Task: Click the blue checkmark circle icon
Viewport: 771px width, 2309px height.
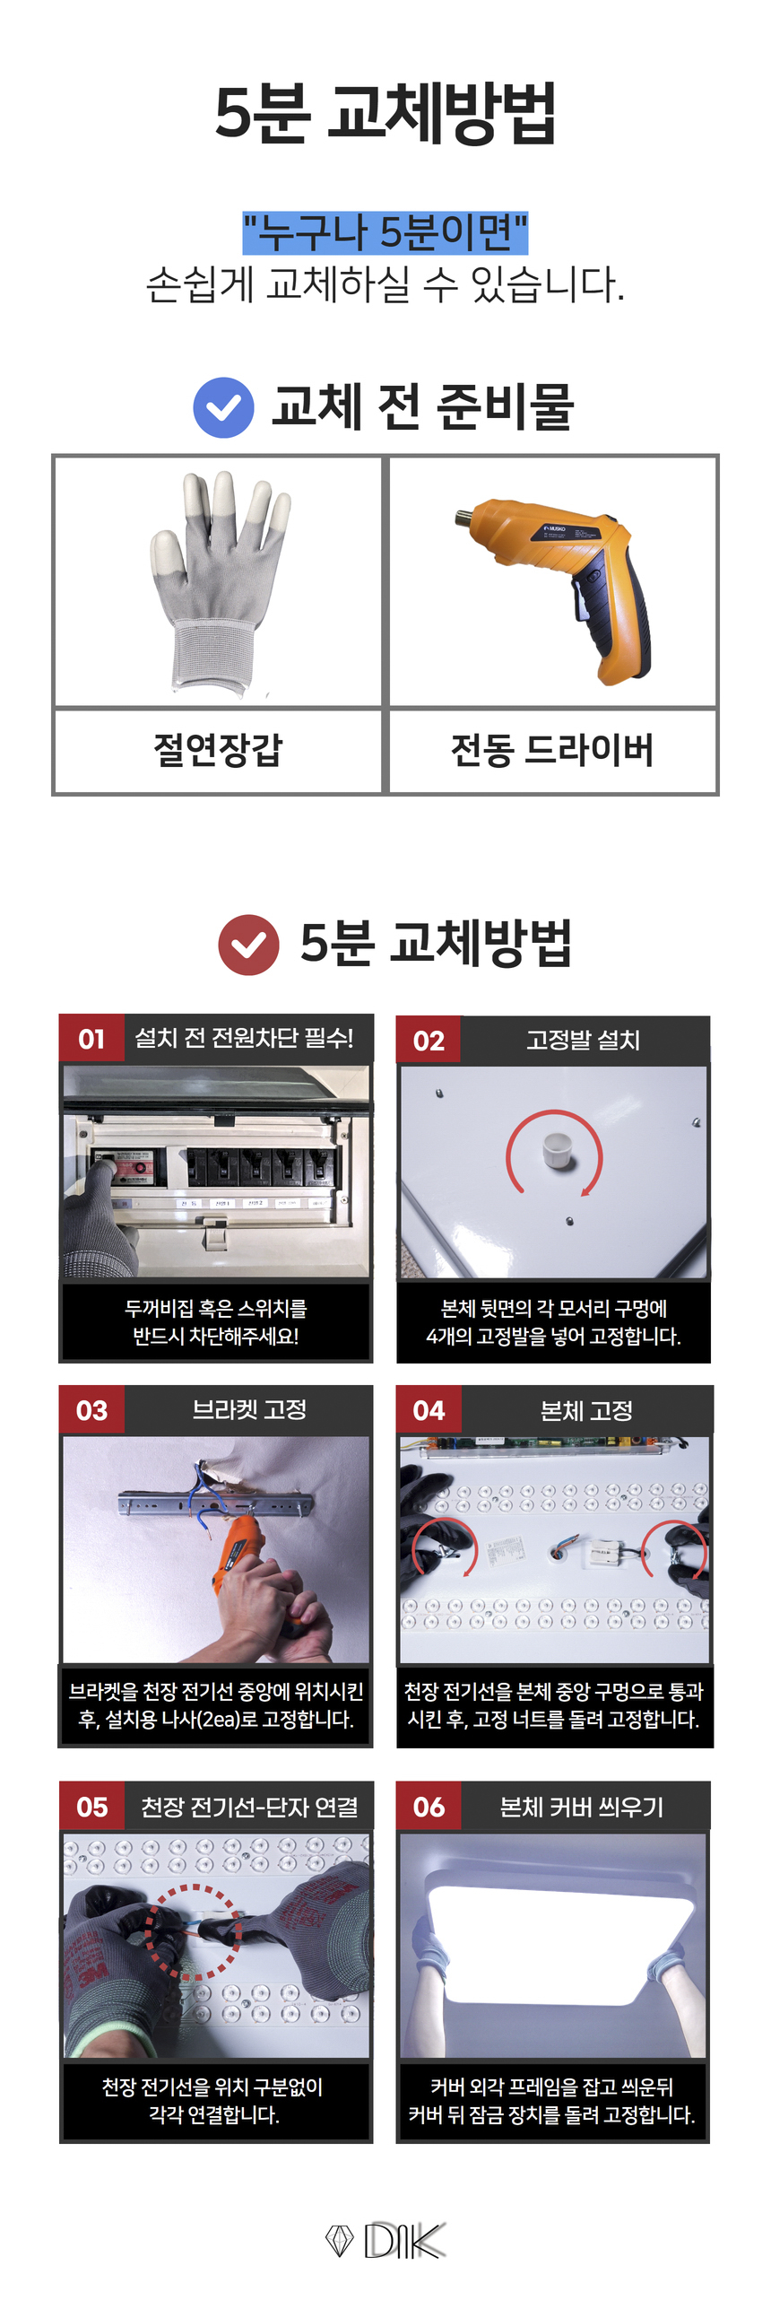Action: point(223,408)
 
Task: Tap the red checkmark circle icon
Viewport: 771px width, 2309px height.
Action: point(248,944)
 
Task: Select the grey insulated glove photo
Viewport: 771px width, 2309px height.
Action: point(219,581)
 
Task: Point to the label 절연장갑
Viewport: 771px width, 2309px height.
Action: point(218,749)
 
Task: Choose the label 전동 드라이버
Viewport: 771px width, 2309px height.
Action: point(552,750)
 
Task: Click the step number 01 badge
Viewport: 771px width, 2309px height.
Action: point(91,1039)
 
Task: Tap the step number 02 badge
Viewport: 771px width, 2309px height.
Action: point(429,1040)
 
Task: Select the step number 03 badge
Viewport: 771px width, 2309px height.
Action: point(91,1409)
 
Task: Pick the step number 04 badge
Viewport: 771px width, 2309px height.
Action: point(429,1409)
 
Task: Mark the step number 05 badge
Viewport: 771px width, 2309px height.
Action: point(91,1806)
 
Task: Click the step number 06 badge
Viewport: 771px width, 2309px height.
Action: point(429,1806)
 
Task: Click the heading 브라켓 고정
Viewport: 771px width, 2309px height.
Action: point(249,1409)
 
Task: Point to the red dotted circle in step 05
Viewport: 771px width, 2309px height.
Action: point(193,1931)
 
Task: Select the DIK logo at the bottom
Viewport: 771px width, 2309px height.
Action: point(385,2240)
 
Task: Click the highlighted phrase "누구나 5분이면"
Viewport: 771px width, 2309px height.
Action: point(385,232)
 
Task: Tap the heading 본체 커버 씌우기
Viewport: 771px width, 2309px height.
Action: point(582,1806)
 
